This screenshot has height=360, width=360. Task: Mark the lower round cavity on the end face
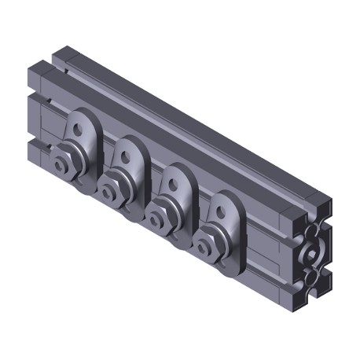tap(315, 279)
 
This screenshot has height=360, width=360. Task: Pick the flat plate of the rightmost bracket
tap(228, 228)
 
